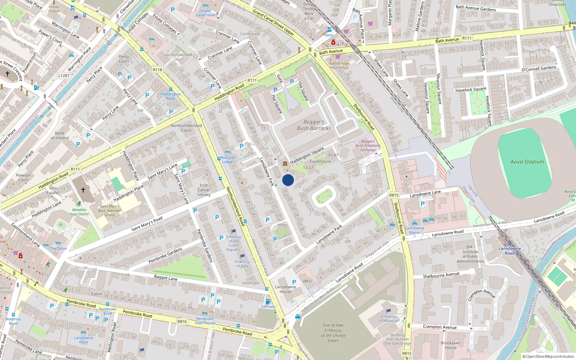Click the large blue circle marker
(x=288, y=180)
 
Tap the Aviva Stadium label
(x=527, y=162)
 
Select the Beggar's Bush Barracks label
(x=314, y=125)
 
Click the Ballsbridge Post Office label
(x=339, y=66)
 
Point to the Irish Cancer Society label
(x=204, y=190)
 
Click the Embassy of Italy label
(x=242, y=264)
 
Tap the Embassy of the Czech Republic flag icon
(x=234, y=231)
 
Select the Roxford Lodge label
(x=227, y=160)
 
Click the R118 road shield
(x=157, y=70)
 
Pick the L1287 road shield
(x=64, y=75)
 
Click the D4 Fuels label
(x=268, y=307)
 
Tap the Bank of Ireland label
(x=60, y=135)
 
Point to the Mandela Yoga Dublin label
(x=79, y=212)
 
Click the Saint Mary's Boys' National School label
(x=109, y=211)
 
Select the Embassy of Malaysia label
(x=388, y=319)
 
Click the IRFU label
(x=307, y=281)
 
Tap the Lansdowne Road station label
(x=509, y=251)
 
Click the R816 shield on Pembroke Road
(x=182, y=321)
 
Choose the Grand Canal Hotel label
(x=206, y=13)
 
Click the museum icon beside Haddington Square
(x=285, y=164)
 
